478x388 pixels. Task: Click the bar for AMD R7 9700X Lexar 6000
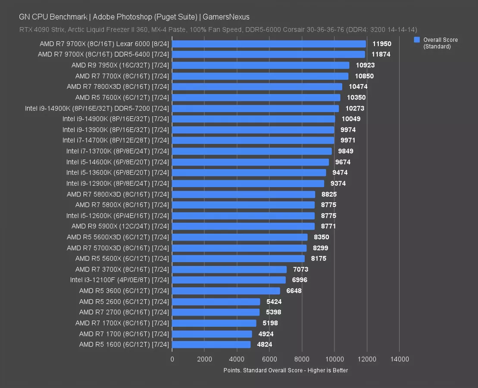269,44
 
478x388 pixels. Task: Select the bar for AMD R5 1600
211,344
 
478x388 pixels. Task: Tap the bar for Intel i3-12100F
229,280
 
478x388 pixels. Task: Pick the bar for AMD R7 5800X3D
244,194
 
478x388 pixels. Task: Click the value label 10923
364,66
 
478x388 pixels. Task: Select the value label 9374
338,184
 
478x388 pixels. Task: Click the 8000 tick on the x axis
302,359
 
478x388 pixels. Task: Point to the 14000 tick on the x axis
399,359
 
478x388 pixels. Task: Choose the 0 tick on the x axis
172,359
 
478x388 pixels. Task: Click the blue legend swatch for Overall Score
417,40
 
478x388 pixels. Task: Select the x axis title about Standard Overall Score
285,370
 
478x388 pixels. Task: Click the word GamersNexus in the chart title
226,17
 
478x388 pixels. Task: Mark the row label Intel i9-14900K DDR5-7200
97,108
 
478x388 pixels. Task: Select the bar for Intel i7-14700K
253,141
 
